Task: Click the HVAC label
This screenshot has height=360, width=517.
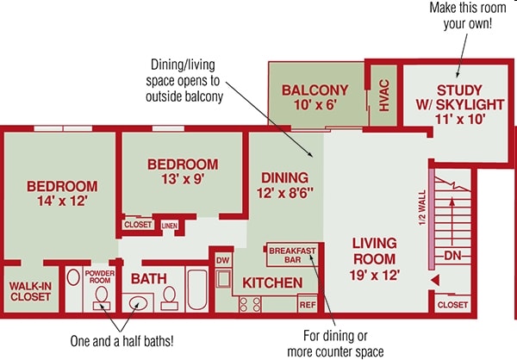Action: (384, 96)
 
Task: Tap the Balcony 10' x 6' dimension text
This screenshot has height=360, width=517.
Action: (315, 105)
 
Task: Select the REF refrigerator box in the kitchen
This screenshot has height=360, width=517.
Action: (308, 305)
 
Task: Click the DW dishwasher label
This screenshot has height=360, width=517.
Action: (222, 260)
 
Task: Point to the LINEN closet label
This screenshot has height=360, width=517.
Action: (170, 226)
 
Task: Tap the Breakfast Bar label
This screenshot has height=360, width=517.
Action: (292, 255)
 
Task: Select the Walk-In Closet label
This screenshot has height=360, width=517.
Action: (30, 291)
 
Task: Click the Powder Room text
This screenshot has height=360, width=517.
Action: (100, 276)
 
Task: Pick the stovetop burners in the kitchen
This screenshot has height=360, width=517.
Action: (250, 304)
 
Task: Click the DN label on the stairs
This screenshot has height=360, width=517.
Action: (452, 255)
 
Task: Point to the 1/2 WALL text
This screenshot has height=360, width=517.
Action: (422, 208)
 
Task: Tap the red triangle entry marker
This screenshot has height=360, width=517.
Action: (435, 281)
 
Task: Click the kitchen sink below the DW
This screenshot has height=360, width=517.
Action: (223, 279)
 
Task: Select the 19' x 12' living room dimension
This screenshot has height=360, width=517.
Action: (375, 275)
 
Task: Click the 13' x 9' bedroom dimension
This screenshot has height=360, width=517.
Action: (183, 179)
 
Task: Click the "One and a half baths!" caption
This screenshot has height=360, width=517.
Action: (121, 341)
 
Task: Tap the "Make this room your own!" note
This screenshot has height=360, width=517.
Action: (468, 16)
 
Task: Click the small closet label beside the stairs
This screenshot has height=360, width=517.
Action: (452, 305)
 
